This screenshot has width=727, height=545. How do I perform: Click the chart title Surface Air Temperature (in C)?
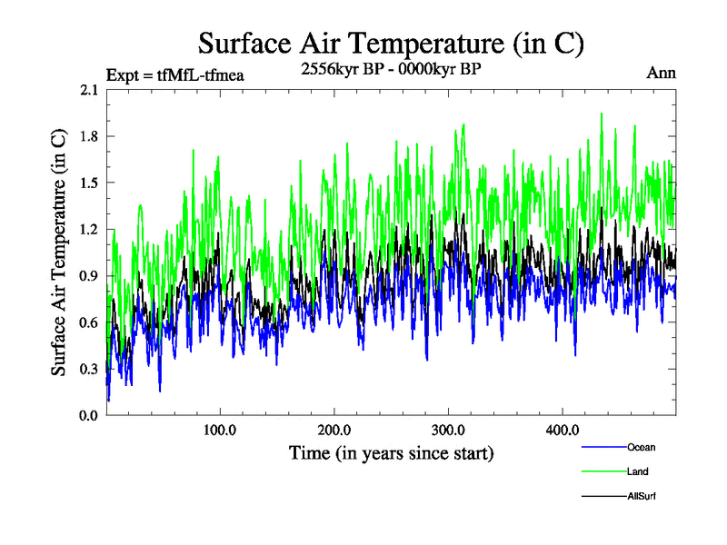coord(391,43)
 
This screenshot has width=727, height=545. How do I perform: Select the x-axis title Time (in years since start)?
coord(391,452)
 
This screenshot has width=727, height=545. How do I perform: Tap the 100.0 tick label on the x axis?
coord(220,429)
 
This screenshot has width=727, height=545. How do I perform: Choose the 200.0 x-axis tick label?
coord(334,429)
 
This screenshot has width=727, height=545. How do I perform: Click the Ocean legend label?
coord(641,447)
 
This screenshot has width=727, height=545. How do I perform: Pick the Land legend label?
coord(637,471)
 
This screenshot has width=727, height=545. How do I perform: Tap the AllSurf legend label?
coord(642,496)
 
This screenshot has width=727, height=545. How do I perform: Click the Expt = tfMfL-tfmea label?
coord(175,75)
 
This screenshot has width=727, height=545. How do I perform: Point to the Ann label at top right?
coord(661,73)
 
